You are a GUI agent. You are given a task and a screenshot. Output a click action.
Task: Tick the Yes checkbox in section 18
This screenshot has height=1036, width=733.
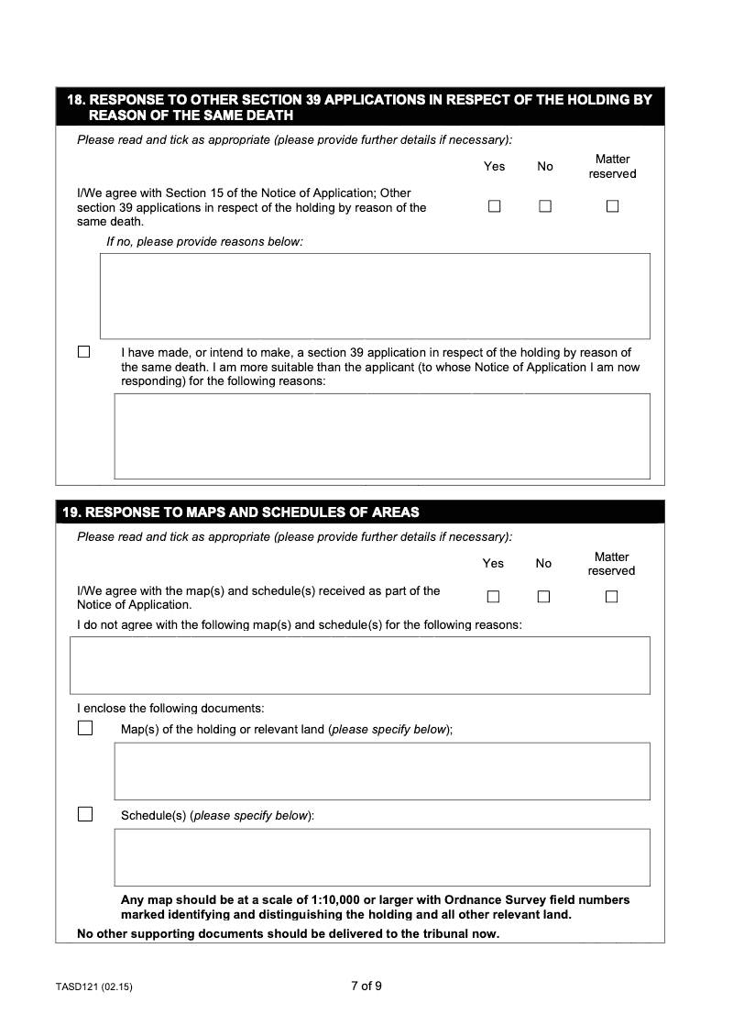[x=494, y=206]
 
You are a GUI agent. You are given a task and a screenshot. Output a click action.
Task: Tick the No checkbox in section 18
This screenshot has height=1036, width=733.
[x=545, y=206]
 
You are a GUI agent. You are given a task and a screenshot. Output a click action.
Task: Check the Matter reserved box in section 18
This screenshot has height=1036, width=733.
[x=612, y=206]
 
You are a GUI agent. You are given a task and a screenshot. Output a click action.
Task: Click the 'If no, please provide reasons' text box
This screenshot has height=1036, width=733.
[x=375, y=296]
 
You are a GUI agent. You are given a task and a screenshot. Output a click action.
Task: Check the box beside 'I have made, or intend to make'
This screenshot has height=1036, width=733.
[x=84, y=352]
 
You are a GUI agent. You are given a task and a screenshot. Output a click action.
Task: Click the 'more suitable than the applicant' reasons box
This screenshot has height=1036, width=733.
[x=381, y=435]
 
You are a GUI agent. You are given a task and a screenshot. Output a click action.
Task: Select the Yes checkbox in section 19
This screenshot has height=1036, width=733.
[x=493, y=597]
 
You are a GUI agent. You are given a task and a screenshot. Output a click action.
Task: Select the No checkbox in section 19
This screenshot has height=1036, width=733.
[x=543, y=597]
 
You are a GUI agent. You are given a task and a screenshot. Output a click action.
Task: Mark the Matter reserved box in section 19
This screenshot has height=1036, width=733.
[x=611, y=597]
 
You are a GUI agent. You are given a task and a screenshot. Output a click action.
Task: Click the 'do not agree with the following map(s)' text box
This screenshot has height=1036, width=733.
[x=360, y=665]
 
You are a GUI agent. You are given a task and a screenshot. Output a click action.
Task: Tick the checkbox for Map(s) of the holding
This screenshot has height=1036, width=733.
[x=85, y=729]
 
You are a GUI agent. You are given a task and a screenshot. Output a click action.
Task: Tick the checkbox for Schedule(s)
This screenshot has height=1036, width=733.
[x=85, y=814]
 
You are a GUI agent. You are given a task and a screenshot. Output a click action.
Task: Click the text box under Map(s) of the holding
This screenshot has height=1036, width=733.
[x=381, y=771]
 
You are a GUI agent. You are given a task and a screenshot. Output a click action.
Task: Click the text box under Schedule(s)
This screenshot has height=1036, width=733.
[x=381, y=857]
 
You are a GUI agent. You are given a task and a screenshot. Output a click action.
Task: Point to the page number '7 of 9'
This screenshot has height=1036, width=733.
[x=366, y=986]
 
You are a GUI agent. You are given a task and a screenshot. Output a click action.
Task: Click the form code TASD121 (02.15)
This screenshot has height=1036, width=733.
[x=93, y=987]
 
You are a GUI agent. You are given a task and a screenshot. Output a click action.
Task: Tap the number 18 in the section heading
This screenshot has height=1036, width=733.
[x=75, y=99]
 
